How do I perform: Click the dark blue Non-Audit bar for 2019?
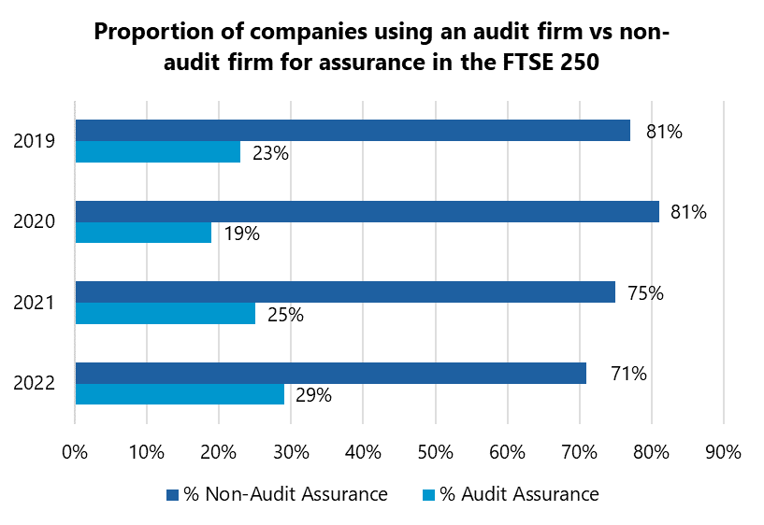pos(353,130)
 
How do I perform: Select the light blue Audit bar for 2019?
pos(157,152)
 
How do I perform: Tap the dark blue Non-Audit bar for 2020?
pos(367,211)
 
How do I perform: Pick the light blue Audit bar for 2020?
pos(143,234)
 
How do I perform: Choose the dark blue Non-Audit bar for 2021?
pos(345,291)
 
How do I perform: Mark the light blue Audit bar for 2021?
pos(165,314)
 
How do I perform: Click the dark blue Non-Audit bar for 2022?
pos(330,373)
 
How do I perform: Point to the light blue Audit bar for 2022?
pos(179,394)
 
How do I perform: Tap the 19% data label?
pos(241,234)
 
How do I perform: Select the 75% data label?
pos(644,293)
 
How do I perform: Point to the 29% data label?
pos(313,395)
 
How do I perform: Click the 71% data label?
pos(628,375)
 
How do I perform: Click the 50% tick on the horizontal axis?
pos(435,452)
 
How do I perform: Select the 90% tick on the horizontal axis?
pos(723,452)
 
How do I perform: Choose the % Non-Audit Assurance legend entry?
pos(277,494)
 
